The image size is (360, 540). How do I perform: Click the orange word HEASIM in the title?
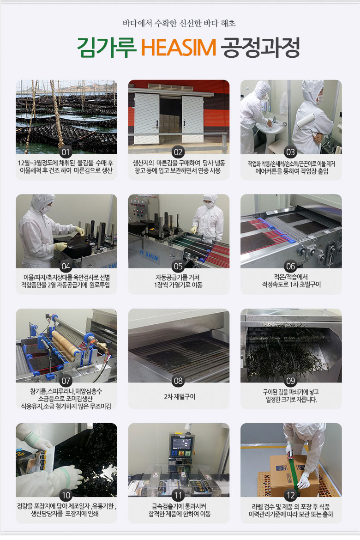(179, 48)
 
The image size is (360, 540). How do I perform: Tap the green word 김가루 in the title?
(107, 48)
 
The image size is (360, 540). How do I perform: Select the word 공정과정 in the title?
(260, 48)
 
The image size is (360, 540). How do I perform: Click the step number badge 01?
(66, 152)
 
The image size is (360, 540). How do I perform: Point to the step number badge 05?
(178, 266)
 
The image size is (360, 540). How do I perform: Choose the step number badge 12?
(291, 496)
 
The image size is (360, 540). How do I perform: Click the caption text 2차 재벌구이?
(180, 397)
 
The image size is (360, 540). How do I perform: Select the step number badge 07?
(66, 381)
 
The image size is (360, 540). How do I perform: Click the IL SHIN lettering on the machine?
(150, 255)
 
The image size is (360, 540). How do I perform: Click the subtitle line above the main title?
(179, 24)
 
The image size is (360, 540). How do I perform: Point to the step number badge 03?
(291, 152)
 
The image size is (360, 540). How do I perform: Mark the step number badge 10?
(66, 496)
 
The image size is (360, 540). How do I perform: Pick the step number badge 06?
(291, 266)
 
